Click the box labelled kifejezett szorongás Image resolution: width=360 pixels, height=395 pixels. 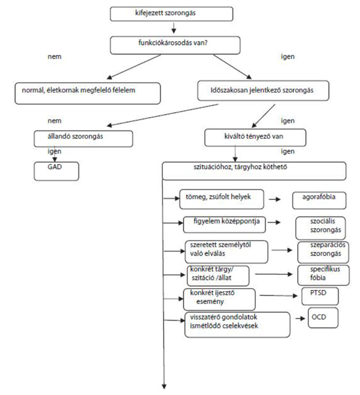[171, 14]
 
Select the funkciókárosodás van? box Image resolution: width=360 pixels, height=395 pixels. [175, 46]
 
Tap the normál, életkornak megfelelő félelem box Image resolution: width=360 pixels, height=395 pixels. [88, 93]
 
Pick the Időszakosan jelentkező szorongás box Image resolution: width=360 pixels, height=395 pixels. [263, 91]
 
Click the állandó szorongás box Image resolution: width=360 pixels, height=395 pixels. [83, 138]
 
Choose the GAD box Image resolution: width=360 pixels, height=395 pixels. [57, 171]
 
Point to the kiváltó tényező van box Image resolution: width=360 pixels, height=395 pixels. [255, 138]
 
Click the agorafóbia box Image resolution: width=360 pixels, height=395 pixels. [319, 201]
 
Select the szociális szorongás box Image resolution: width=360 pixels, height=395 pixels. [321, 228]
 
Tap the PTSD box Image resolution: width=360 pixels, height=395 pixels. [320, 296]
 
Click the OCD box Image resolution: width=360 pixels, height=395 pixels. [323, 317]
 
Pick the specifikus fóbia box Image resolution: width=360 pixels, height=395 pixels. [323, 275]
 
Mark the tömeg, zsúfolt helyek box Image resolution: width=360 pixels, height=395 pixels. [222, 199]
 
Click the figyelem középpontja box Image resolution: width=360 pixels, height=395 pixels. [224, 224]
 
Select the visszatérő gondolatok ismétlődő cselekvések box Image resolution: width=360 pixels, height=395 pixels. [237, 325]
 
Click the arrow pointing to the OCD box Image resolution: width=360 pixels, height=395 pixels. [300, 319]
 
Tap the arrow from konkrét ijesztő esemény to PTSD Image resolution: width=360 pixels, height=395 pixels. [278, 296]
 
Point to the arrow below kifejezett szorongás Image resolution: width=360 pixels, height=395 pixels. [173, 28]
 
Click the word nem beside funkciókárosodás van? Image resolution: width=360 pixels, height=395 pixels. [54, 57]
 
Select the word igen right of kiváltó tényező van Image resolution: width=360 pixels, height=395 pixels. [288, 151]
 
